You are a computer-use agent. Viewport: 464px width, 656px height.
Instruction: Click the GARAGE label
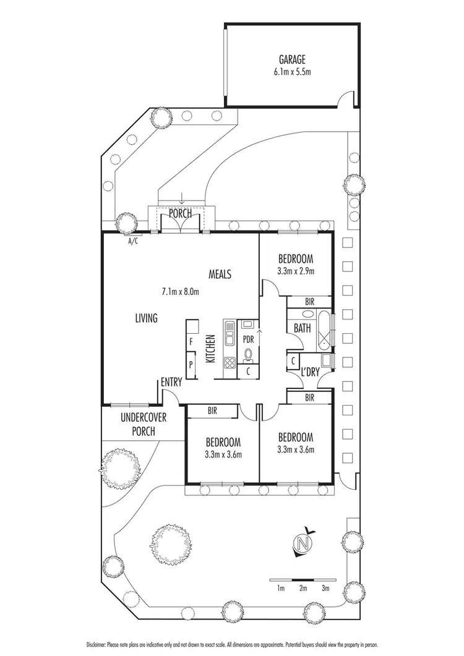(x=291, y=59)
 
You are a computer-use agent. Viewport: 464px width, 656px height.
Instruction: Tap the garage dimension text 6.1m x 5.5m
(x=291, y=71)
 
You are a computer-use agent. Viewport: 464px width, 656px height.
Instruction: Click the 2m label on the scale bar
(x=303, y=588)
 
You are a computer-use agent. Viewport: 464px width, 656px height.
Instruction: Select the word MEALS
(x=220, y=274)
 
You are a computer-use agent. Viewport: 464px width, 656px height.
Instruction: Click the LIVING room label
(x=147, y=318)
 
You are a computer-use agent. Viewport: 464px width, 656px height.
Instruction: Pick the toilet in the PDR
(x=248, y=354)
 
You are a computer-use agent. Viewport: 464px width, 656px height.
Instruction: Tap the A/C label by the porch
(x=133, y=242)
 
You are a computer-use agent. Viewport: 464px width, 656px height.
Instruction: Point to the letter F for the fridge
(x=192, y=341)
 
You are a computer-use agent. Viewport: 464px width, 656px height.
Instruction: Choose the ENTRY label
(x=171, y=383)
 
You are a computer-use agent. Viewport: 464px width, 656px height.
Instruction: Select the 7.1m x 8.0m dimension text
(x=180, y=291)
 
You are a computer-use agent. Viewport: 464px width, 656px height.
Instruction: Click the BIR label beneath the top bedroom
(x=309, y=302)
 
